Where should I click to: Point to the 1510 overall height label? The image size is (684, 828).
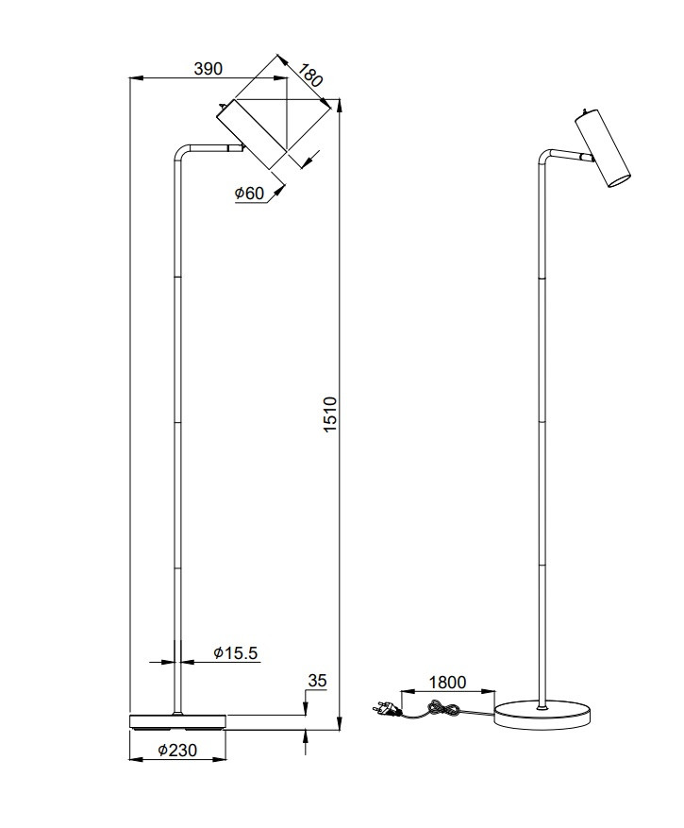(329, 415)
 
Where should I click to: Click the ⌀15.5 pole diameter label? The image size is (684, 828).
(235, 652)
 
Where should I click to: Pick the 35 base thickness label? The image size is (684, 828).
(317, 680)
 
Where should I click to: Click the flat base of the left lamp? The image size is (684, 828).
(176, 721)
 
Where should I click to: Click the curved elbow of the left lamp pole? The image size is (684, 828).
(179, 151)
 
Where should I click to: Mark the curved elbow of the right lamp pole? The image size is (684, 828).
(545, 154)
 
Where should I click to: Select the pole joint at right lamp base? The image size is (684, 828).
(541, 703)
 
